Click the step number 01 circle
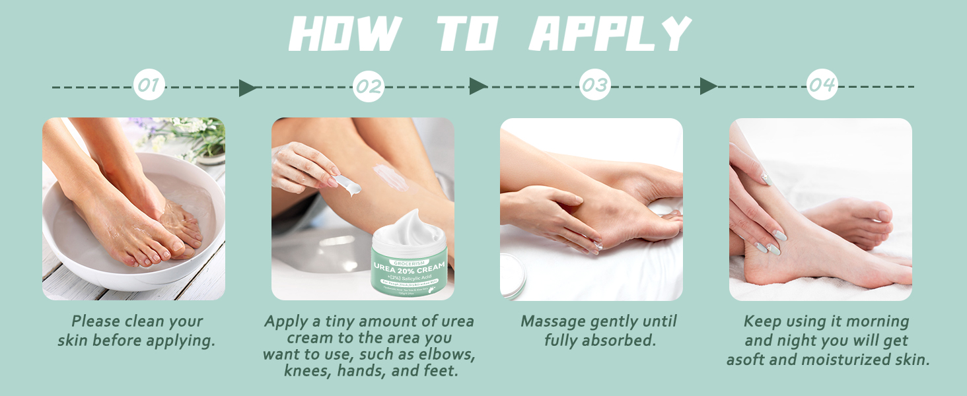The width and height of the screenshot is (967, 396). tap(149, 85)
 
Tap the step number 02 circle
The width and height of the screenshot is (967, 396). tap(369, 86)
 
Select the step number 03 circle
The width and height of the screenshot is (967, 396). tap(594, 85)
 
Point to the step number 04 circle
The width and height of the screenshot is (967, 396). tap(822, 85)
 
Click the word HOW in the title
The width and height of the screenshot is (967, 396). tap(345, 34)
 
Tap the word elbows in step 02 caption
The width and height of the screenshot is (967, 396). tap(448, 355)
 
